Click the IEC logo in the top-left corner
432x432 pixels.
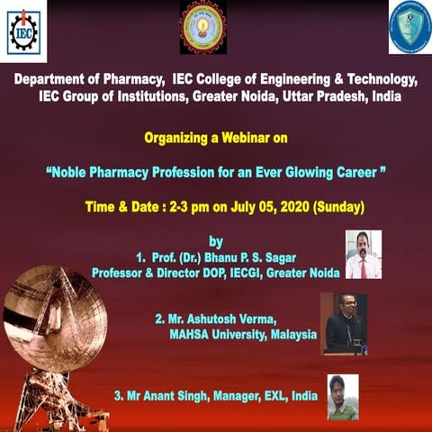pyautogui.click(x=23, y=31)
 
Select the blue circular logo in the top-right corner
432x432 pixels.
pyautogui.click(x=409, y=28)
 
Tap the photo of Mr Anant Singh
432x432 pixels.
pyautogui.click(x=342, y=397)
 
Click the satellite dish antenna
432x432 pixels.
pyautogui.click(x=63, y=324)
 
